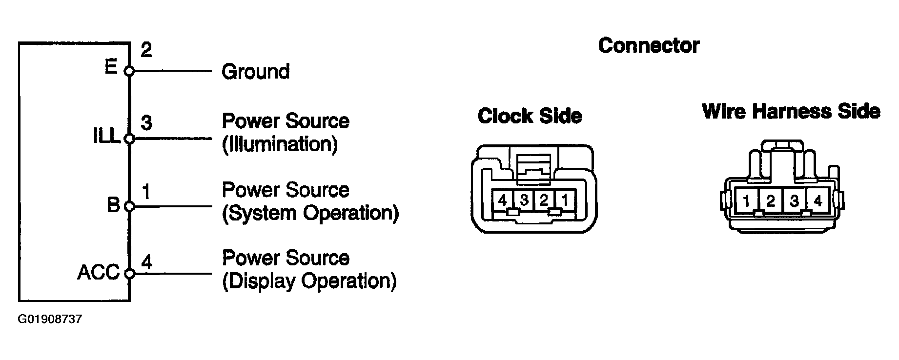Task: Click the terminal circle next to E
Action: tap(129, 71)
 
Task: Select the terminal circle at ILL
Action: tap(129, 139)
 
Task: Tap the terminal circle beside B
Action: tap(129, 206)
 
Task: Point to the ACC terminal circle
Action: tap(129, 274)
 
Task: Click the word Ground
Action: tap(255, 72)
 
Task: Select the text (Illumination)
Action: tap(280, 145)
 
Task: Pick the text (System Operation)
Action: tap(310, 213)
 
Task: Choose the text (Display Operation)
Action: tap(309, 281)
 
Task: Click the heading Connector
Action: tap(649, 46)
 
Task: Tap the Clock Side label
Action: tap(530, 116)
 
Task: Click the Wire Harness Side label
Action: tap(791, 112)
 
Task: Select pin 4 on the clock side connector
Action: tap(503, 200)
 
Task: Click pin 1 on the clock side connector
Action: tap(564, 200)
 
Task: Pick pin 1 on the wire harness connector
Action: tap(746, 200)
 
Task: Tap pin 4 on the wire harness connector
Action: tap(818, 200)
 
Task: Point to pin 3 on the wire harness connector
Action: tap(794, 200)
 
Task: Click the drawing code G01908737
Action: tap(50, 320)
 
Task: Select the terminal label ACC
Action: tap(98, 273)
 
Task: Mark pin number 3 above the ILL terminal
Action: tap(146, 123)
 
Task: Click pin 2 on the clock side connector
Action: tap(544, 200)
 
